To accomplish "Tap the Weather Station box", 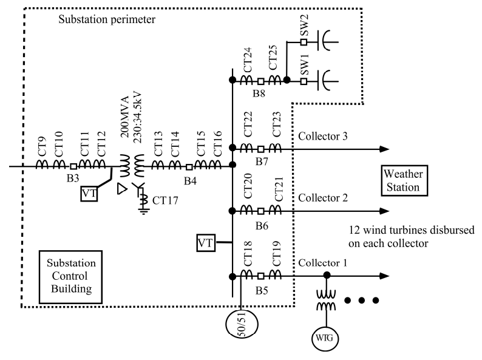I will coord(401,181).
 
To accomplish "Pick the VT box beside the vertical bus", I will coord(206,243).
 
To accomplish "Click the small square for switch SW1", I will coord(304,80).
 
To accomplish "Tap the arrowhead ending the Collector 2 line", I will coord(382,211).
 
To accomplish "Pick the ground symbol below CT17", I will coord(144,212).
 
